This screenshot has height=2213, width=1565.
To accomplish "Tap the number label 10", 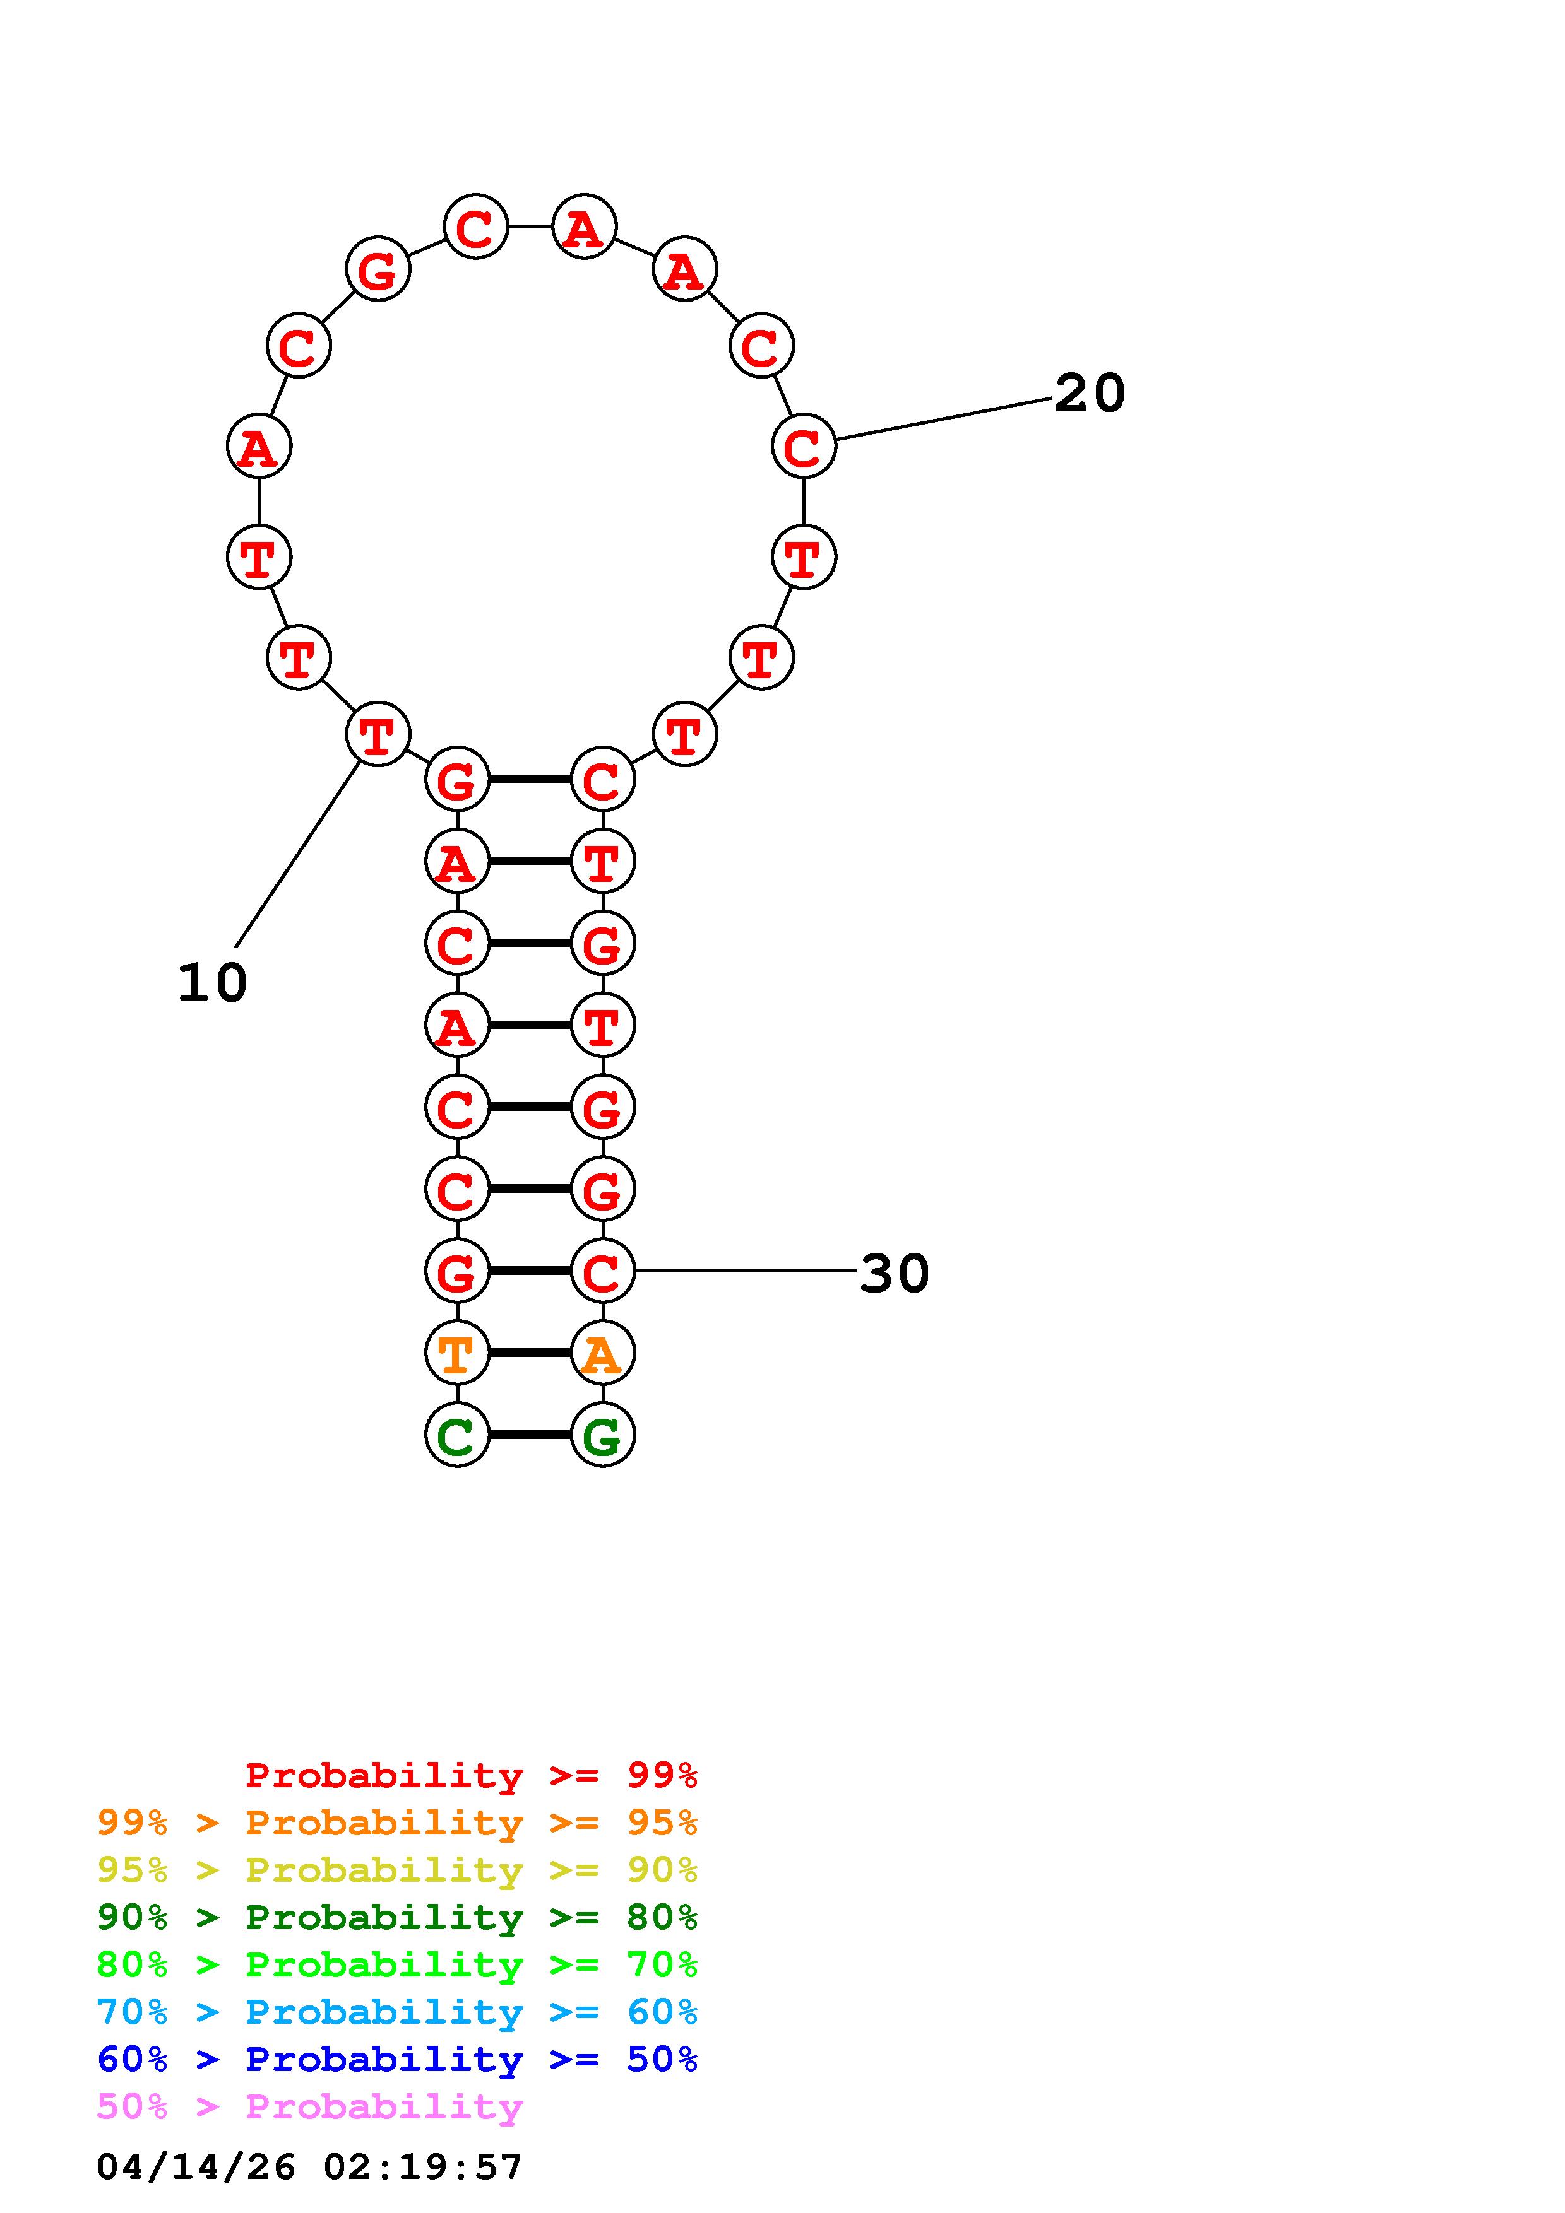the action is (212, 983).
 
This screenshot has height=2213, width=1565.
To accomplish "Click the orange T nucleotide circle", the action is (457, 1353).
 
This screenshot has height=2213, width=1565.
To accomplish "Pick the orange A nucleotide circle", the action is (603, 1353).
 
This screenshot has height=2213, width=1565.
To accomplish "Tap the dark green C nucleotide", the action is (457, 1435).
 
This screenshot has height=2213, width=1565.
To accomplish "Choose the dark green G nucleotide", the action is (603, 1435).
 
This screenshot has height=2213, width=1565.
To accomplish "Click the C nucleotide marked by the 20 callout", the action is (803, 446).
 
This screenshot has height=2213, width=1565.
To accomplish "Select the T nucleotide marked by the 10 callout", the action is (377, 734).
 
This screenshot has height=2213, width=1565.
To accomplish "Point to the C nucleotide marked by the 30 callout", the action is (603, 1271).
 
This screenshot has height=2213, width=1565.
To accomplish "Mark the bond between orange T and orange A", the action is (530, 1353).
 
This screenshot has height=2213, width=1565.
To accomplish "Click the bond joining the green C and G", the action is (530, 1435).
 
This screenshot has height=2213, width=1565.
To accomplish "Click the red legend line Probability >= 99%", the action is (472, 1775).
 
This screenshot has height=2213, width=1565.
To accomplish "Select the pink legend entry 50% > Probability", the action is (309, 2107).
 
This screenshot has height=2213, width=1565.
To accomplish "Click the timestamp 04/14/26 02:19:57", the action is (309, 2167).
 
